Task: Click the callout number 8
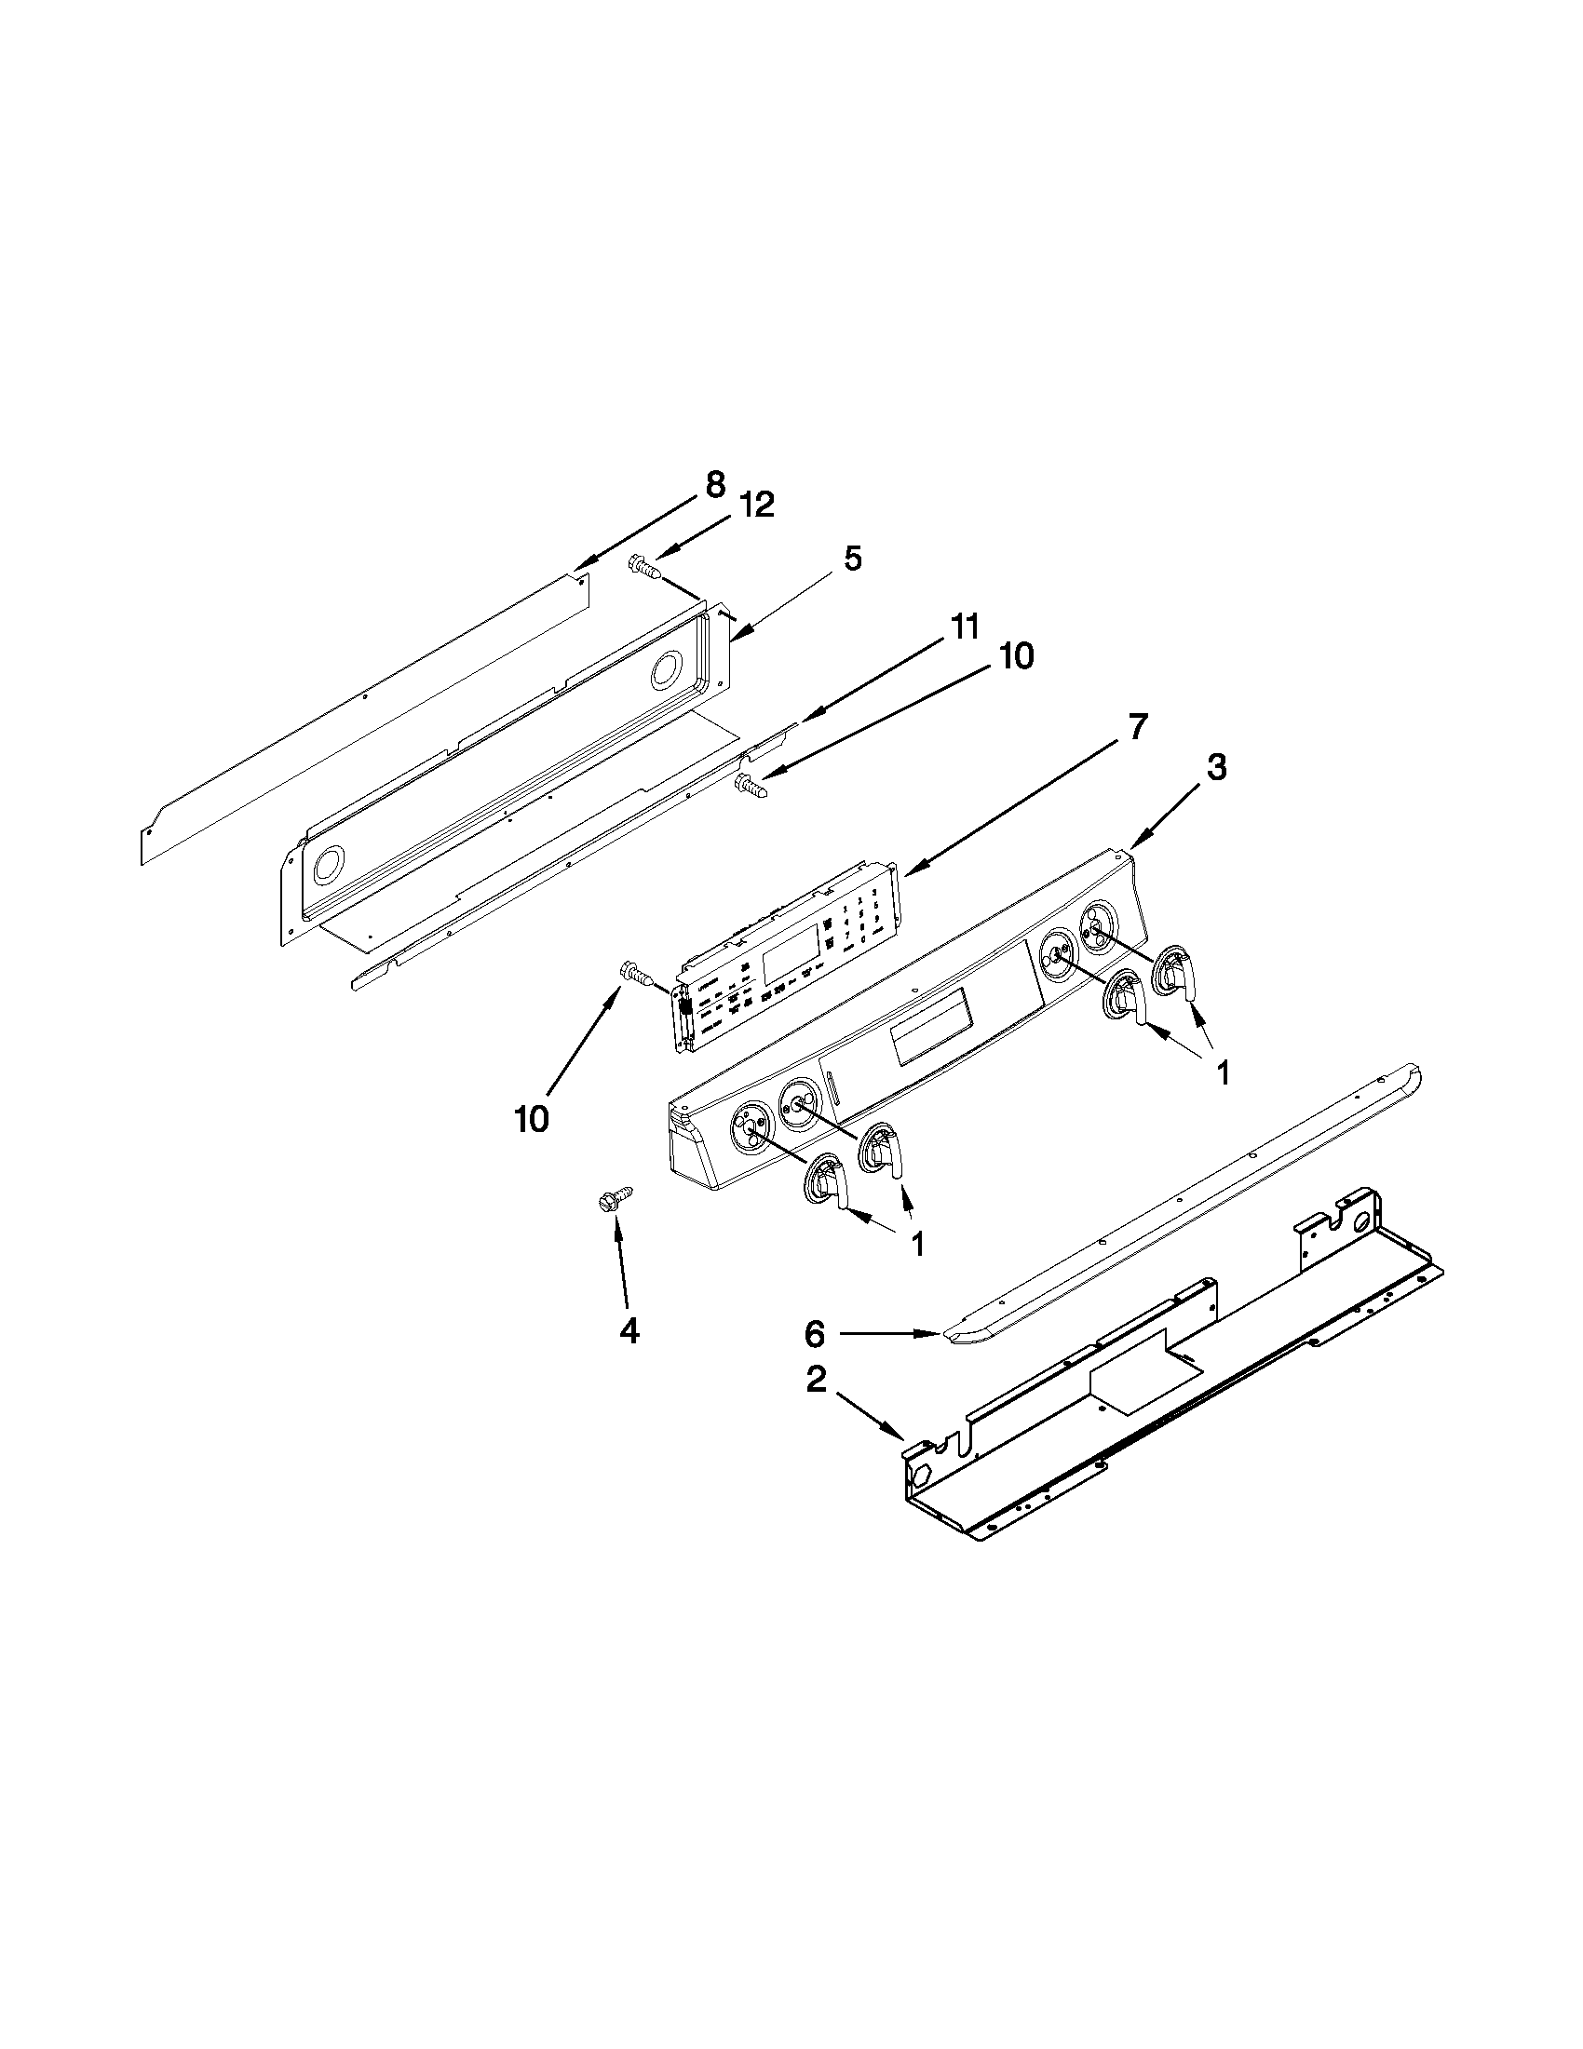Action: (x=714, y=485)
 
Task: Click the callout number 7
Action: (x=1137, y=726)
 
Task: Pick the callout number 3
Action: (x=1215, y=767)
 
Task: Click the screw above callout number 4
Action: (x=615, y=1199)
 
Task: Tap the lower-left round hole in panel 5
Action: (x=329, y=862)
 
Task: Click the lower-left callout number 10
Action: (x=531, y=1118)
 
